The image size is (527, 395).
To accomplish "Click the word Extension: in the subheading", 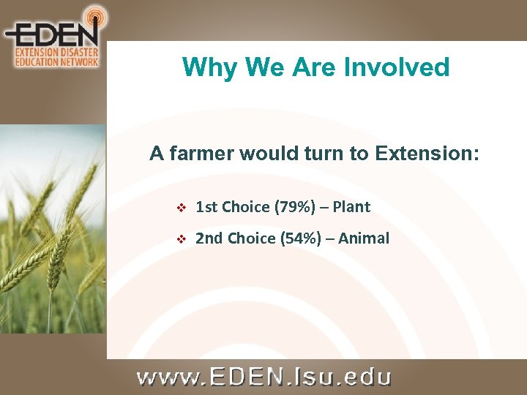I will point(427,154).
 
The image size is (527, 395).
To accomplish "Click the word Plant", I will point(351,207).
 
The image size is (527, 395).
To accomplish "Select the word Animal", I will point(364,238).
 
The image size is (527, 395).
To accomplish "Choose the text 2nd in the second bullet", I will point(210,238).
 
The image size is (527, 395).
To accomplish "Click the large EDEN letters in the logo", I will point(51,34).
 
